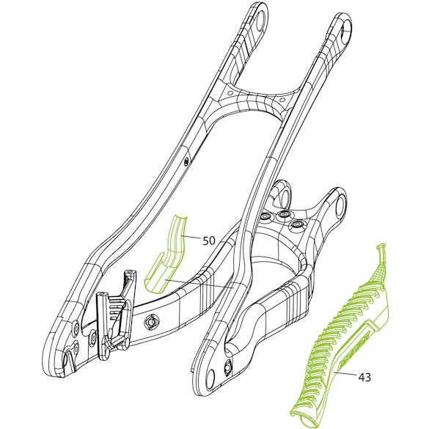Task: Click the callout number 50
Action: point(209,241)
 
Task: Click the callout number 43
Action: point(364,378)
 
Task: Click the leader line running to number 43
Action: point(346,375)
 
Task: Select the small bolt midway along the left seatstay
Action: point(186,161)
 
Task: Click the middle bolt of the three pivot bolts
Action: point(282,214)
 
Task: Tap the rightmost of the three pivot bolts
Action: point(296,224)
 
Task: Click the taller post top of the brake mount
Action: point(131,272)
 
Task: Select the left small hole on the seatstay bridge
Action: point(231,93)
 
